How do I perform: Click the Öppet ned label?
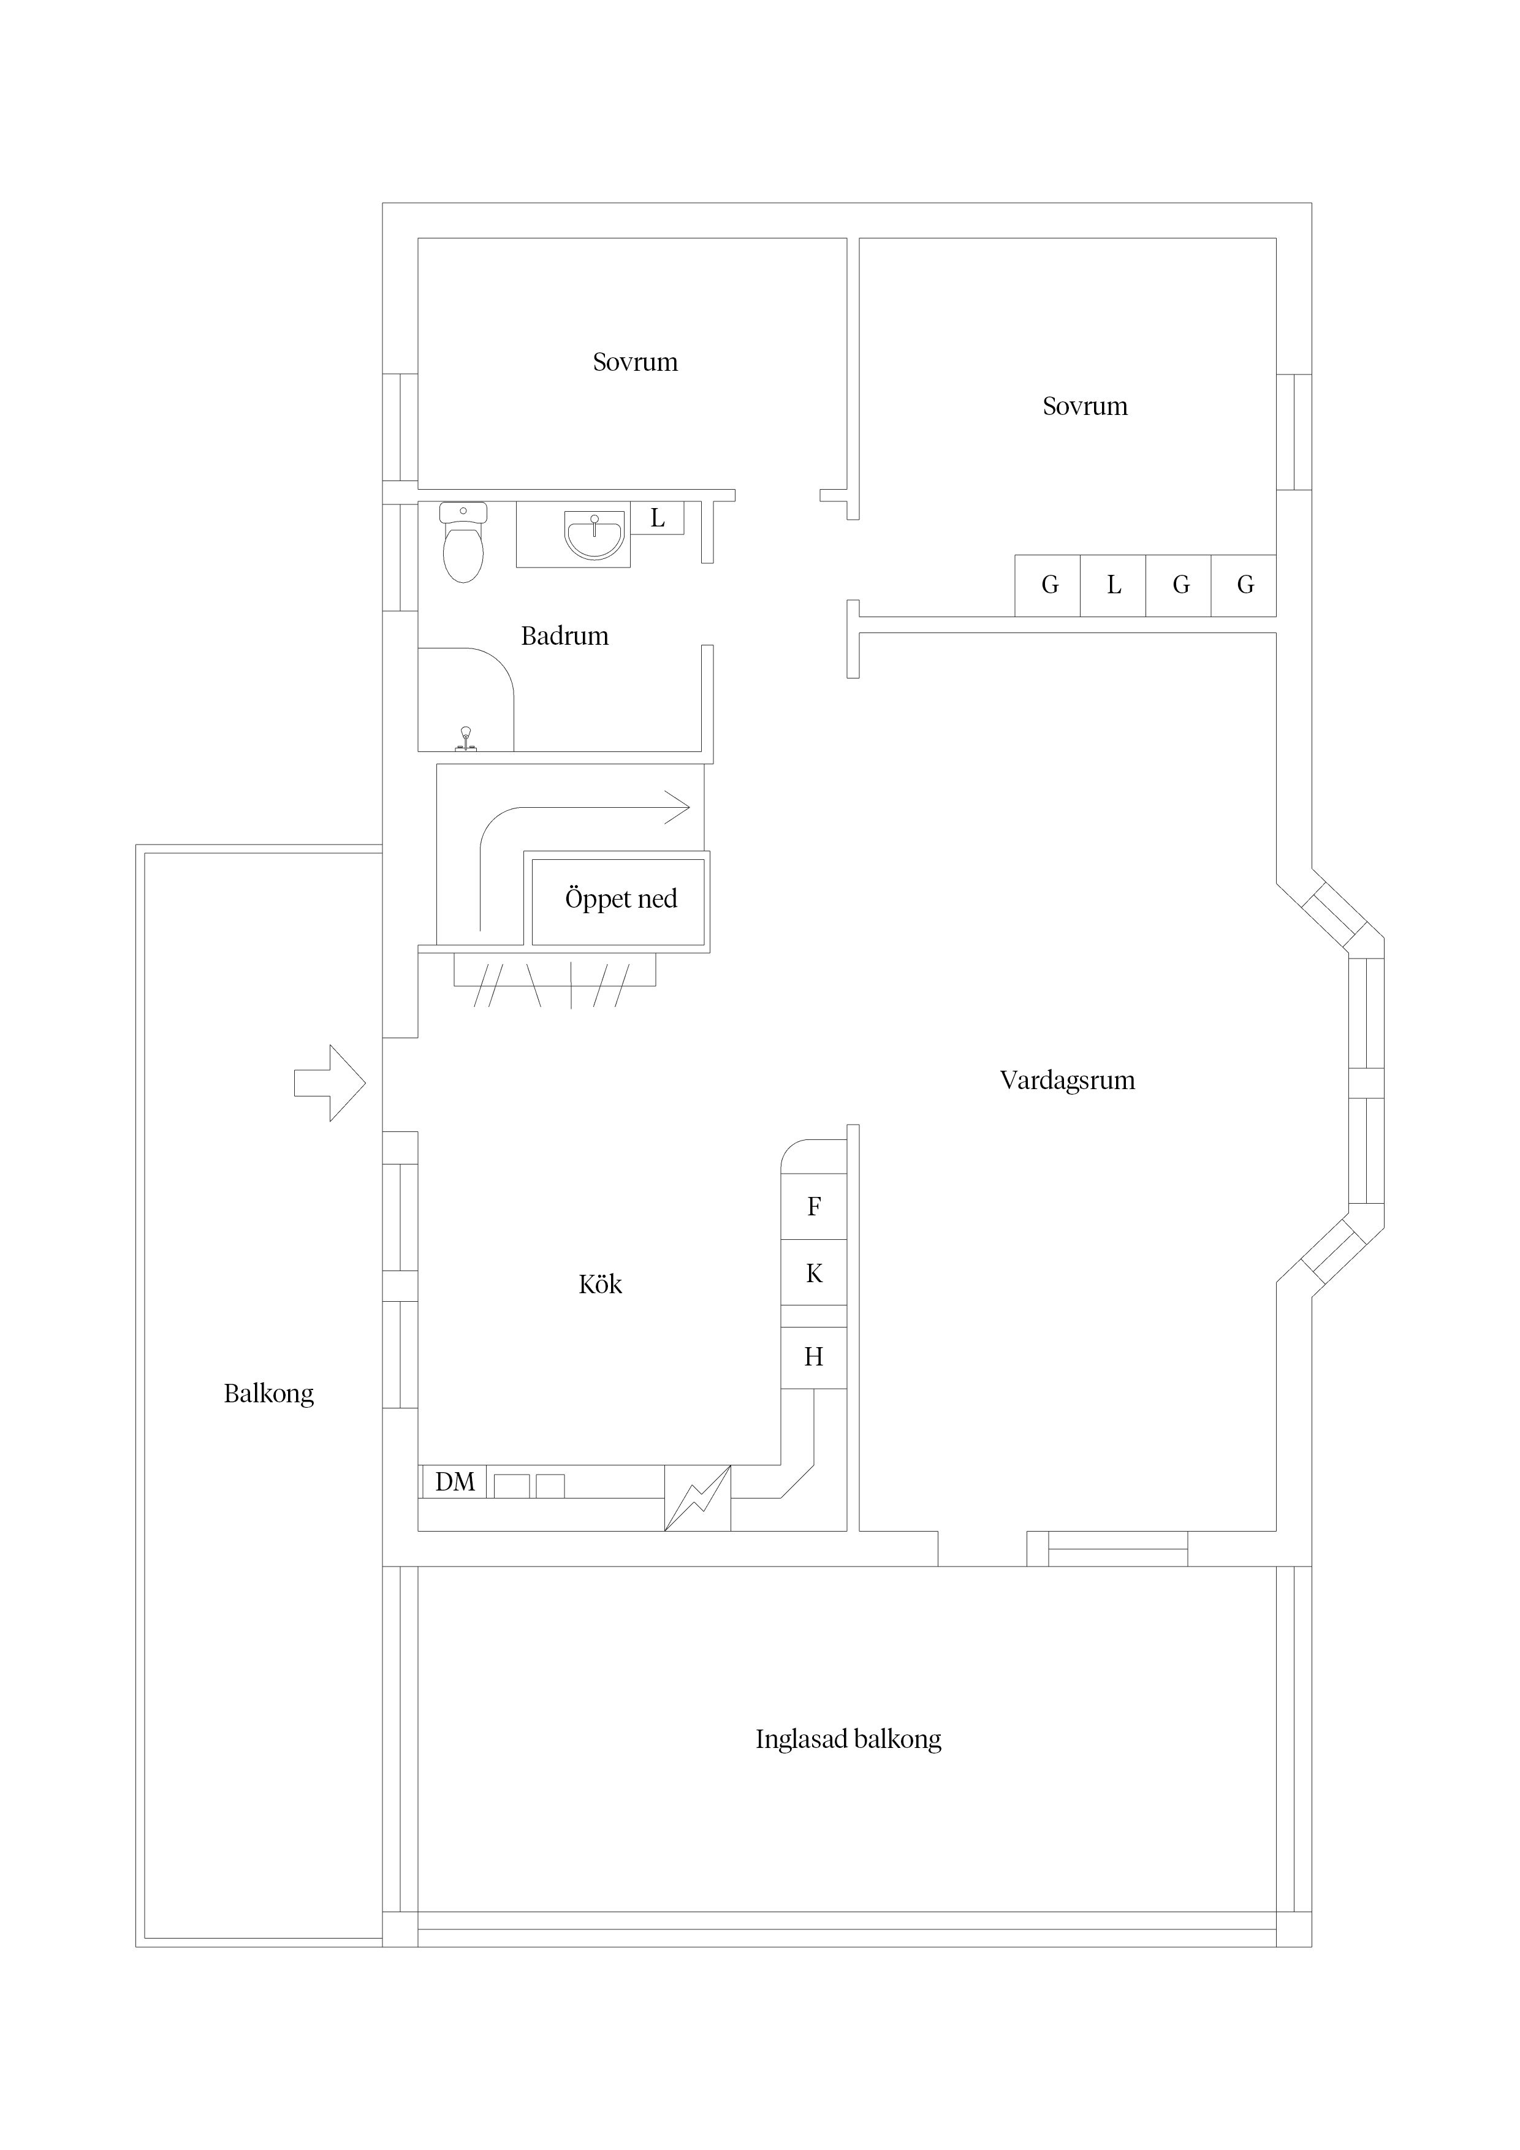click(620, 899)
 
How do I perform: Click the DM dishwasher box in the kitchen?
click(454, 1481)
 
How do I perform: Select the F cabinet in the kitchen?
click(814, 1206)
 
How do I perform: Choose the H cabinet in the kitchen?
click(814, 1356)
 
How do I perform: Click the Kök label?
click(600, 1284)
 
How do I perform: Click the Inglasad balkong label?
click(848, 1739)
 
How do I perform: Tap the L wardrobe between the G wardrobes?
click(1114, 585)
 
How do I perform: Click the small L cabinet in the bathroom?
click(658, 518)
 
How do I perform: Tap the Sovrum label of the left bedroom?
click(635, 362)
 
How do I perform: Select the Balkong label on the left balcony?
click(269, 1393)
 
